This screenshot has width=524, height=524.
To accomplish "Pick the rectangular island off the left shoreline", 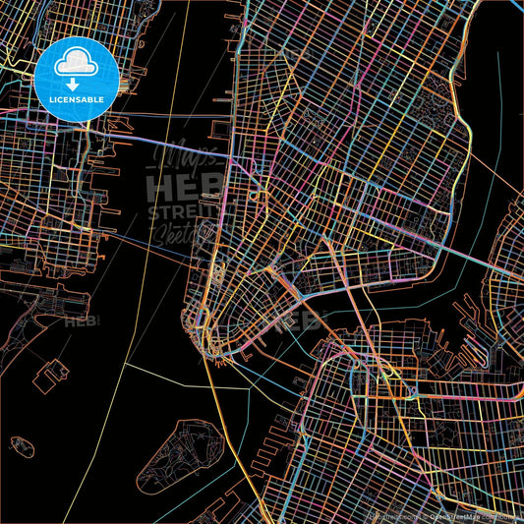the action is [54, 375].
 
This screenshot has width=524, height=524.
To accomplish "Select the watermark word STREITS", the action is [183, 212].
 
